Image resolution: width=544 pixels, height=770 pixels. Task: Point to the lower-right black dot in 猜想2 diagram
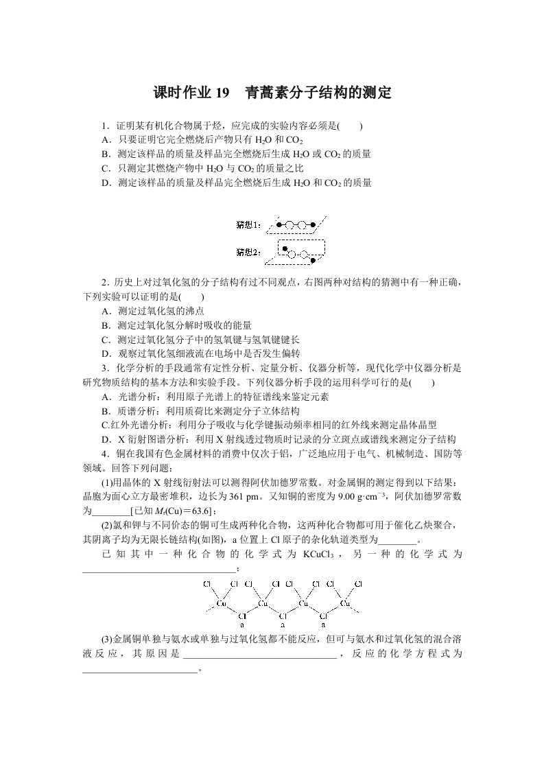pyautogui.click(x=313, y=261)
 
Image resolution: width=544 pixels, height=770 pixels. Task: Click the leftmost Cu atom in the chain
pyautogui.click(x=221, y=604)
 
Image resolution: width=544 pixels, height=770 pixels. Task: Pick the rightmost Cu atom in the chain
pyautogui.click(x=345, y=604)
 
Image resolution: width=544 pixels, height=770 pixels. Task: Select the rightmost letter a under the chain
pyautogui.click(x=323, y=625)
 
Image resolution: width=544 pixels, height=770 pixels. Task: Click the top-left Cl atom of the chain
pyautogui.click(x=206, y=584)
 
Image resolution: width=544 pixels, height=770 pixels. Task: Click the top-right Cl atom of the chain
pyautogui.click(x=358, y=584)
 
